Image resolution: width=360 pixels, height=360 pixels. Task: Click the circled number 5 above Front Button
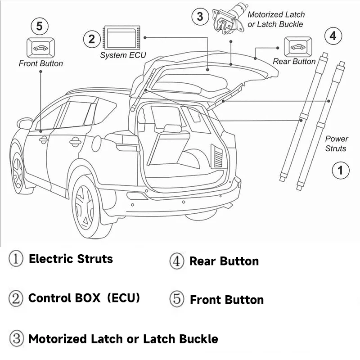[39, 27]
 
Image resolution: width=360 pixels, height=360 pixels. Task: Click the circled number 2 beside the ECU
[92, 39]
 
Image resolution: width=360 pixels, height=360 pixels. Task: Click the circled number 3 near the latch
[200, 17]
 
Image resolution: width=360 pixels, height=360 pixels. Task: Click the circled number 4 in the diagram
[333, 36]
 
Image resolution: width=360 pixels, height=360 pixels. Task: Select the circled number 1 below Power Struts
[340, 170]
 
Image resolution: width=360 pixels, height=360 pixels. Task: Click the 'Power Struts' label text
[336, 144]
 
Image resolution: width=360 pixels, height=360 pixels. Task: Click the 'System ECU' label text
[123, 55]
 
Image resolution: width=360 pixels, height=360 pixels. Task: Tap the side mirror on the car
[25, 123]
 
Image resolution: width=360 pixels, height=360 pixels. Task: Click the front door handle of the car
[44, 140]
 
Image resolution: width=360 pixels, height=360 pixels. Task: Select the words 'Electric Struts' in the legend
[71, 259]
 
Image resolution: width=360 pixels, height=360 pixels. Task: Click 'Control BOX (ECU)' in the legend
[84, 298]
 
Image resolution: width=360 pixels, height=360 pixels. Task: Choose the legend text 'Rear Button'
[224, 261]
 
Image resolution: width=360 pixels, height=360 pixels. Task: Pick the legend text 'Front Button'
[227, 300]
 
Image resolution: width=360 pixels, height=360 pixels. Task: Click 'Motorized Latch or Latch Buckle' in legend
[123, 339]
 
